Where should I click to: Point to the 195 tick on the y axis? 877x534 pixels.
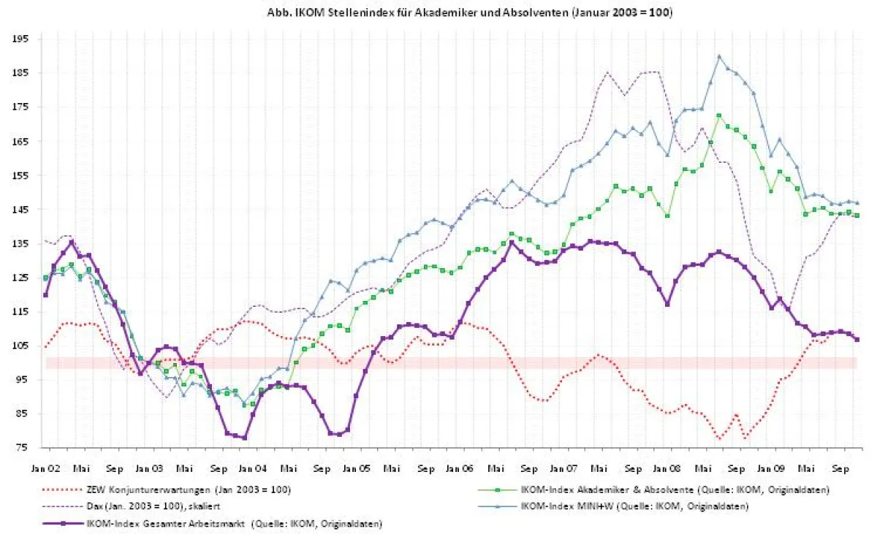(x=20, y=39)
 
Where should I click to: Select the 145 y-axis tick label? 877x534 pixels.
(x=20, y=210)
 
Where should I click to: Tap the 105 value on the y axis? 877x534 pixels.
(x=20, y=346)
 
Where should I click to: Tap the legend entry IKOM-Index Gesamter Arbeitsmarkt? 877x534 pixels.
(x=234, y=523)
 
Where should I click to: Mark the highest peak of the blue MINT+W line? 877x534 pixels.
(x=719, y=56)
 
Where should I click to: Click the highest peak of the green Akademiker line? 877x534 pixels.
(x=719, y=115)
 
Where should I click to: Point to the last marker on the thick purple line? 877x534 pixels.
(x=857, y=340)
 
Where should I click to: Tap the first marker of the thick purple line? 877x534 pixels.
(x=45, y=295)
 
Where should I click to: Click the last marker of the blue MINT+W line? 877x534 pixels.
(x=857, y=203)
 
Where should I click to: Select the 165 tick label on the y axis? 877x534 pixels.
(x=20, y=141)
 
